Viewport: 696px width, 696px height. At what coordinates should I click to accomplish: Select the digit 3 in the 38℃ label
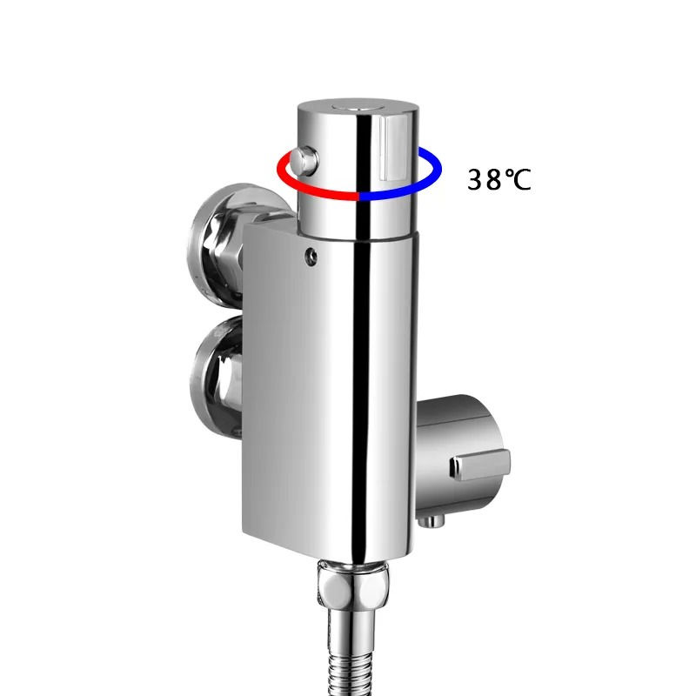click(477, 179)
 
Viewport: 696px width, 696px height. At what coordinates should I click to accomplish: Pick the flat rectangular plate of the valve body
click(274, 391)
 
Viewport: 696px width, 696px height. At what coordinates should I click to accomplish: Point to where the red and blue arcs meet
click(359, 197)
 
